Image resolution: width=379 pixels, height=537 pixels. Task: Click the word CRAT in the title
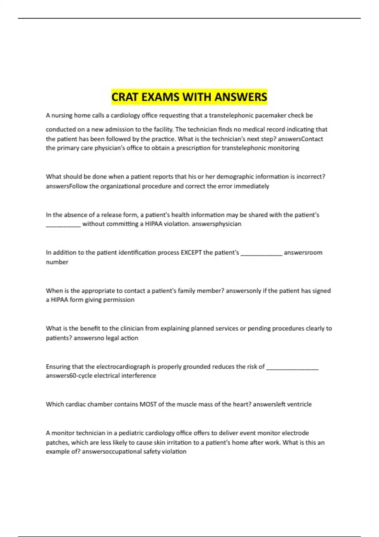[125, 97]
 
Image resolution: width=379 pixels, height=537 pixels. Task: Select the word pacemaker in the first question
[270, 116]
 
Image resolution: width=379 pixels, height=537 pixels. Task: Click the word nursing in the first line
[62, 116]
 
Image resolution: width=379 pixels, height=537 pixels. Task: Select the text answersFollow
[67, 186]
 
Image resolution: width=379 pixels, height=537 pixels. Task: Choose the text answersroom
[303, 253]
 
